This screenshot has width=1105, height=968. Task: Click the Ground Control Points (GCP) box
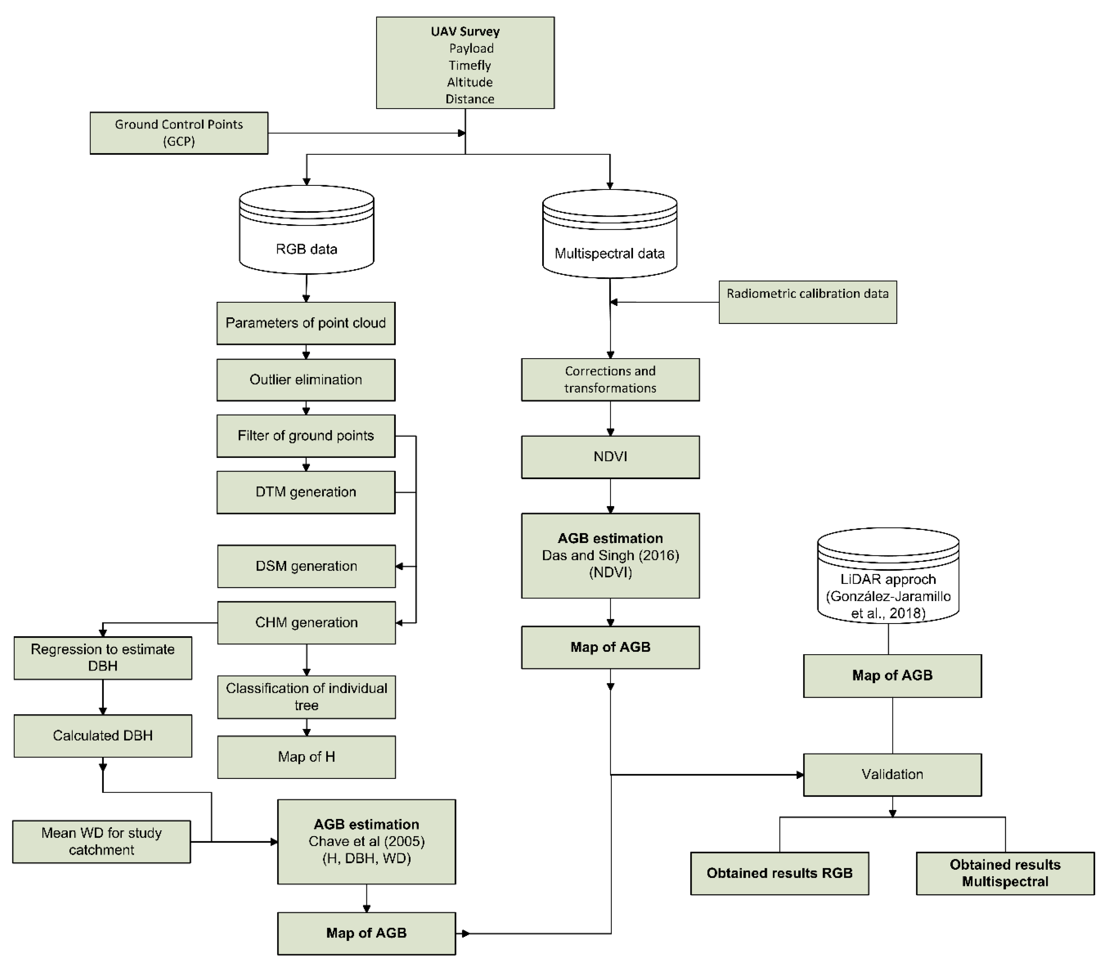coord(179,133)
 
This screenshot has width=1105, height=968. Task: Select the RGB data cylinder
coord(306,238)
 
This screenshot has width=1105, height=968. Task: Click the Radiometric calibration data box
coord(807,302)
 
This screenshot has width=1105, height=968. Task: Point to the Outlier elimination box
coord(306,380)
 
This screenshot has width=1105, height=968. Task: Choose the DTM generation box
coord(306,492)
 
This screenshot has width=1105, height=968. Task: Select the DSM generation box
coord(306,566)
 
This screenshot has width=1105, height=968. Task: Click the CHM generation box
coord(306,623)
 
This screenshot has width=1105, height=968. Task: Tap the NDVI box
coord(610,457)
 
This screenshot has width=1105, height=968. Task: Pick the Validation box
coord(892,775)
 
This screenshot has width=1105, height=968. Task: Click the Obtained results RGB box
coord(779,874)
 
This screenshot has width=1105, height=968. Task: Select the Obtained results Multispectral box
coord(1005,874)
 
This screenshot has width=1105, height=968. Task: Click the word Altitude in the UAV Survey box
coord(470,82)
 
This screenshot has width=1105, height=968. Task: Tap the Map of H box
coord(306,757)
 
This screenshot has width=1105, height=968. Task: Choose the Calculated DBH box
coord(103,736)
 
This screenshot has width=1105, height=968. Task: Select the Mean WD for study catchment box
coord(102,842)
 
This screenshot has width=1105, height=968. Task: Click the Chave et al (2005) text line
coord(366,842)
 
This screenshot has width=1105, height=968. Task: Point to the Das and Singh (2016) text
coord(610,555)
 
